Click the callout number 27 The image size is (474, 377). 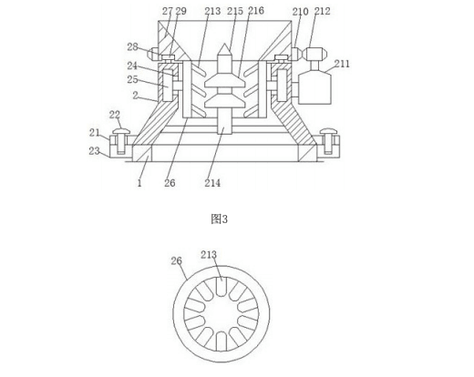click(167, 11)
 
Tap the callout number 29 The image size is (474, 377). click(180, 11)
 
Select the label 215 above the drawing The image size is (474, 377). click(235, 11)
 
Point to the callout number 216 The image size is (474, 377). click(256, 11)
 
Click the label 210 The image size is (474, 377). click(301, 12)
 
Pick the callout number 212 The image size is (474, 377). click(322, 11)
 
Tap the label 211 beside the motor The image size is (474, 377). click(342, 64)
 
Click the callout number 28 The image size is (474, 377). click(132, 46)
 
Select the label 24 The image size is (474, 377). click(132, 66)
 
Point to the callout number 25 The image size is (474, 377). click(132, 79)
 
